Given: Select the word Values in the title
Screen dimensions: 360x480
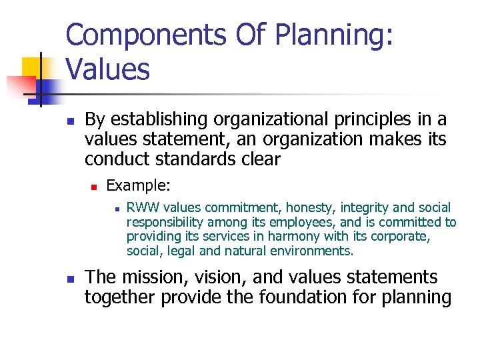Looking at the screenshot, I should point(108,68).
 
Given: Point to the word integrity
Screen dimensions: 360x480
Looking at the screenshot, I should point(360,209).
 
